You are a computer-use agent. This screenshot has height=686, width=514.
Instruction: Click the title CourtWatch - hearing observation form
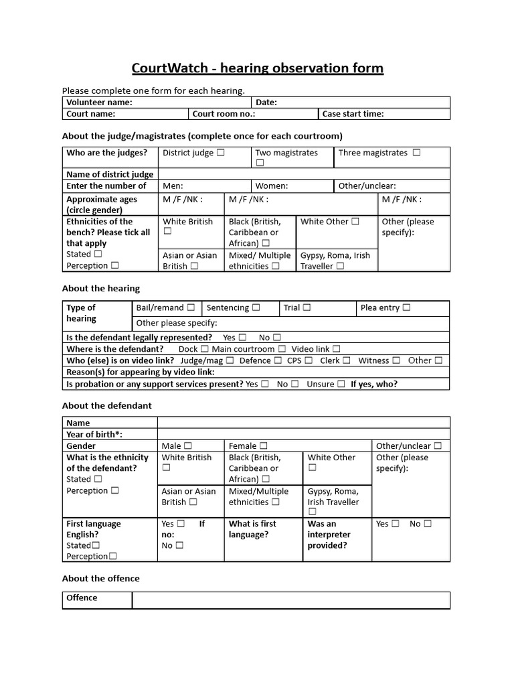point(257,68)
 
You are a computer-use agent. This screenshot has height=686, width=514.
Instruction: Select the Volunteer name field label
point(99,102)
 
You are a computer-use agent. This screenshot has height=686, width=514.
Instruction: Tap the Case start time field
point(383,114)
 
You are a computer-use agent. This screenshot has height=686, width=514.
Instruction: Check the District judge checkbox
point(221,153)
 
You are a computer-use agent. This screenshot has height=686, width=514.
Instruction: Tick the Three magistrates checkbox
point(417,153)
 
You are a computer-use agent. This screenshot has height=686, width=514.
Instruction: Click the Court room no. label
point(224,114)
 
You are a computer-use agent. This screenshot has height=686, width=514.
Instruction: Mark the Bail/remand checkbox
point(191,308)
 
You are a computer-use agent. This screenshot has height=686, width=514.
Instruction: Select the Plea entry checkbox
point(406,308)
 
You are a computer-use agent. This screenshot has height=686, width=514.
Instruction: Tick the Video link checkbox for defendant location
point(337,349)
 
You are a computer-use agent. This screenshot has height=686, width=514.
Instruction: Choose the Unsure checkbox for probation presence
point(341,385)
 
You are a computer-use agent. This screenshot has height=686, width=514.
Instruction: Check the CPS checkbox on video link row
point(309,360)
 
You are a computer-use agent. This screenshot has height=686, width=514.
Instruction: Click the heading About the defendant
point(107,405)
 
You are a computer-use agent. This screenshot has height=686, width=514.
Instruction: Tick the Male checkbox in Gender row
point(188,446)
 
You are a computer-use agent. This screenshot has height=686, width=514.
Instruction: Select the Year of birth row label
point(94,435)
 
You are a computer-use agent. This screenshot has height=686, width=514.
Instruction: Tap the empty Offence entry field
point(290,600)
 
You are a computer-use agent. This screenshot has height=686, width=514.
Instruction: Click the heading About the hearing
point(101,289)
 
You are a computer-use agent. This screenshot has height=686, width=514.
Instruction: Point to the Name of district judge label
point(110,174)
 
